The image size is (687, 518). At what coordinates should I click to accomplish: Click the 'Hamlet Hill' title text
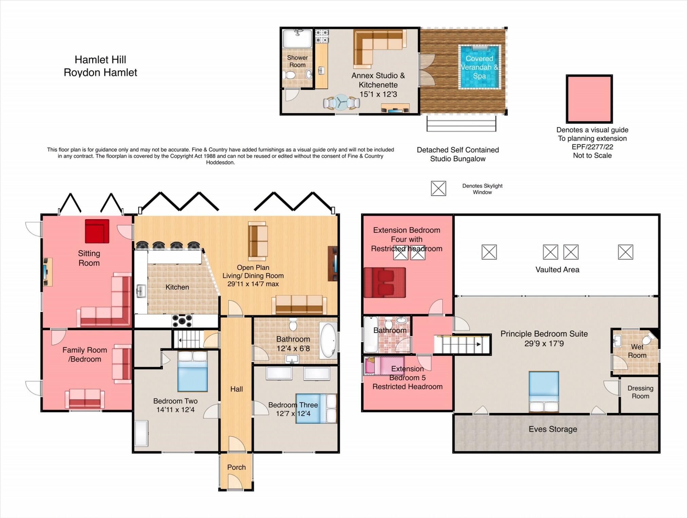pos(100,60)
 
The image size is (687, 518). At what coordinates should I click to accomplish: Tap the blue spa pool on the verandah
pos(479,67)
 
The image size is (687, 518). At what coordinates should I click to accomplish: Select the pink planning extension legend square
pos(589,99)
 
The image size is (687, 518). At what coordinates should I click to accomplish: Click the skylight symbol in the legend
pos(438,188)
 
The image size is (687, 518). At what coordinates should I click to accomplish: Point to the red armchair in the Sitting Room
pos(97,231)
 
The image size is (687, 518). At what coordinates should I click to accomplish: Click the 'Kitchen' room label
pos(177,287)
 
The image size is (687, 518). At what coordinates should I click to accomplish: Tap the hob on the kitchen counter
pos(182,320)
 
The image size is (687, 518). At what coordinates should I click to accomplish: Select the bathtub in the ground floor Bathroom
pos(328,341)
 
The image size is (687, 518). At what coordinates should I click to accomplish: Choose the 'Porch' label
pos(236,467)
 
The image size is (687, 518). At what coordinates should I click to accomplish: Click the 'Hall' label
pos(236,389)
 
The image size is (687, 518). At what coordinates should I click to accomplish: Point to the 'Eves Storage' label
pos(553,429)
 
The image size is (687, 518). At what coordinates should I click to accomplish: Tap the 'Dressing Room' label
pos(640,392)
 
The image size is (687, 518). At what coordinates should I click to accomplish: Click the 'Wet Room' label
pos(637,351)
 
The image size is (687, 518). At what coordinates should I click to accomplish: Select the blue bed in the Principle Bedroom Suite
pos(543,391)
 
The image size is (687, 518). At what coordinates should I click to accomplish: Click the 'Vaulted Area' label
pos(557,270)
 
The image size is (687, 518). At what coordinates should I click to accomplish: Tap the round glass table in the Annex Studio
pos(341,102)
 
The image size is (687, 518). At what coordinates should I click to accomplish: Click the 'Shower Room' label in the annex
pos(297,61)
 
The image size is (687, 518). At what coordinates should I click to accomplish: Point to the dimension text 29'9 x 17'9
pos(544,344)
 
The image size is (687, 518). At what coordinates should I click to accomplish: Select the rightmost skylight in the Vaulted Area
pos(625,252)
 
